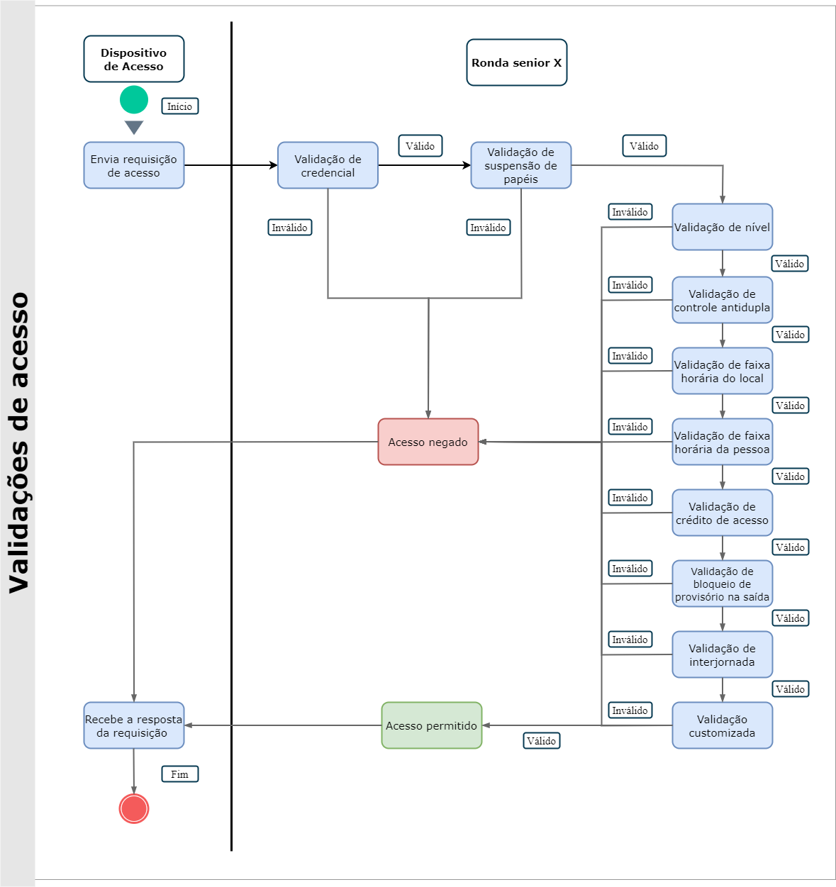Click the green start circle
tap(134, 100)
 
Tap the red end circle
tap(134, 808)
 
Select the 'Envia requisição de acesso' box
tap(134, 165)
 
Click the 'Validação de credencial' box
tap(328, 165)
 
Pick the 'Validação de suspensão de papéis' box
tap(521, 165)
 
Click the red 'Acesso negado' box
tap(428, 442)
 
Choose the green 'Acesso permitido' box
tap(432, 725)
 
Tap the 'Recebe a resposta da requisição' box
tap(134, 725)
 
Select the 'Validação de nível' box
tap(723, 227)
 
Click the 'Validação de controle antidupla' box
tap(723, 300)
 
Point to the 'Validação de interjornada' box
tap(723, 654)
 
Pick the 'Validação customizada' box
tap(723, 725)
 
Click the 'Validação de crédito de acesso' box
tap(723, 513)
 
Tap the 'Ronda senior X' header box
tap(517, 62)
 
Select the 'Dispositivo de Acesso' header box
tap(134, 60)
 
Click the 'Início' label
tap(180, 106)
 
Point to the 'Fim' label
tap(180, 774)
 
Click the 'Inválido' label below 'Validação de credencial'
tap(290, 228)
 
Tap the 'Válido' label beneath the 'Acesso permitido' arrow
tap(542, 741)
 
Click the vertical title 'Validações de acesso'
tap(18, 443)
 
